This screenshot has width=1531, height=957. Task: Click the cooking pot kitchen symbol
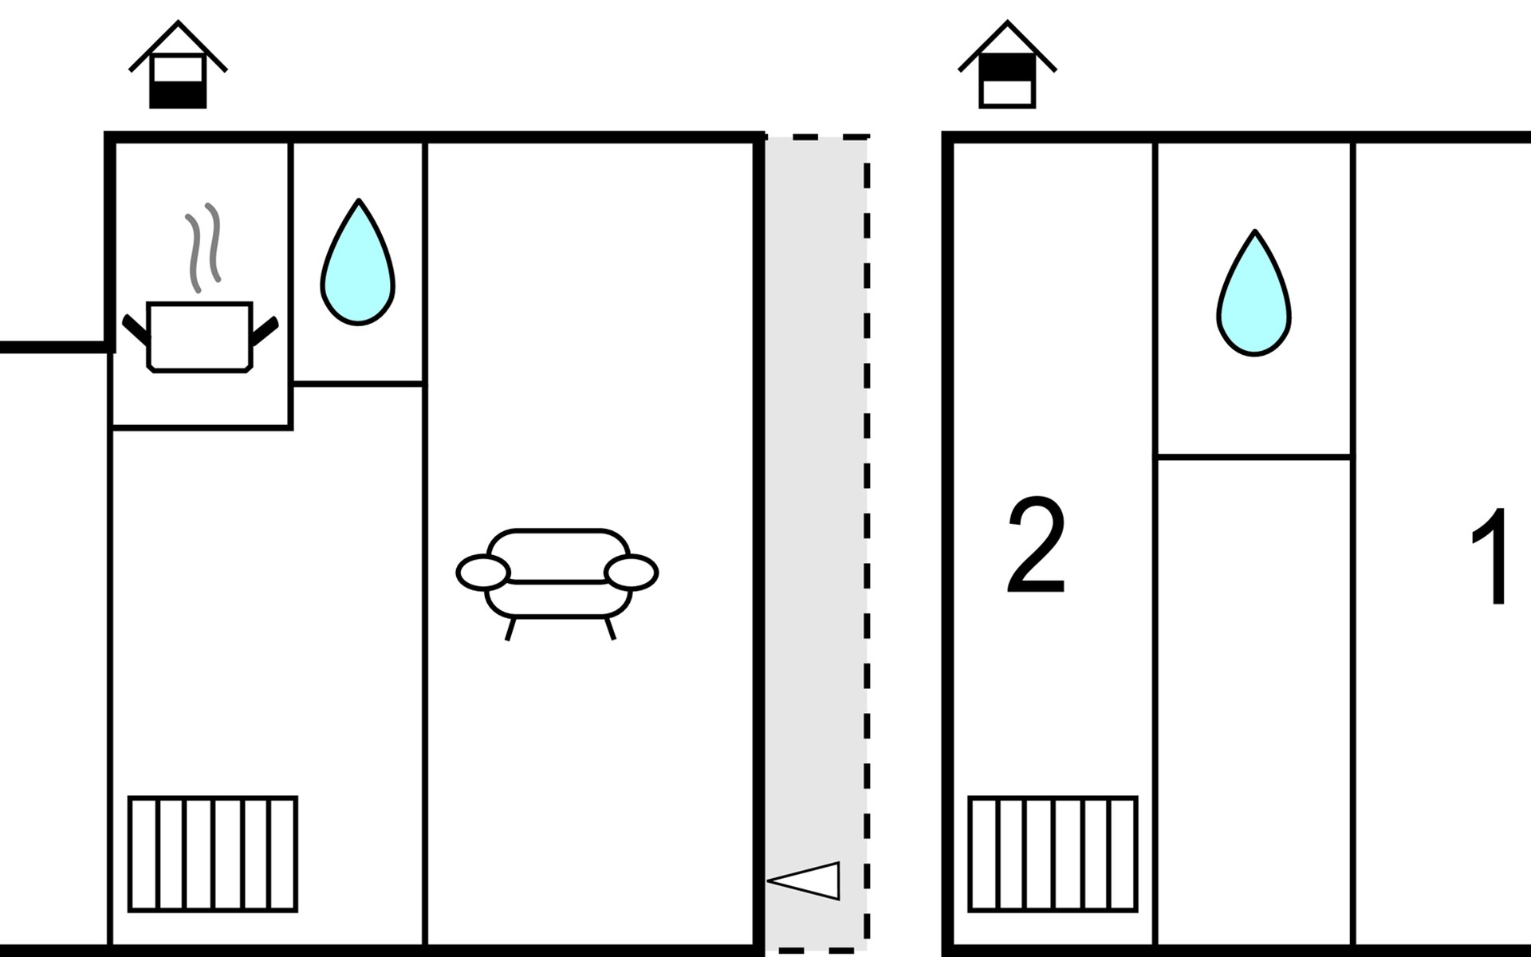click(x=199, y=337)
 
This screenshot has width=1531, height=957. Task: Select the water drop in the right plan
click(x=1254, y=296)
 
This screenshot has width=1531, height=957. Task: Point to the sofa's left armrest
click(x=482, y=573)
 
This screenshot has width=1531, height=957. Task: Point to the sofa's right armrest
click(x=632, y=573)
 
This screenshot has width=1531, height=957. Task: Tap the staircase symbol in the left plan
click(x=213, y=853)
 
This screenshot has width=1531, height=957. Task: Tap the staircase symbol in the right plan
click(x=1053, y=853)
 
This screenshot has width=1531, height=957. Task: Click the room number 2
click(x=1036, y=547)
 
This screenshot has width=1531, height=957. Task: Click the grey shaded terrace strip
click(x=815, y=478)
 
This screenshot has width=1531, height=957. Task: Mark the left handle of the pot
click(x=136, y=330)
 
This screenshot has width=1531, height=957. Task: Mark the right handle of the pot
click(x=265, y=331)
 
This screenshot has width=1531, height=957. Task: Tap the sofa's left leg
click(x=510, y=628)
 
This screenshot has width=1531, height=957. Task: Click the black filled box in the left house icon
click(x=178, y=95)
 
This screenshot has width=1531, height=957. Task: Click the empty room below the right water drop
click(x=1254, y=702)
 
